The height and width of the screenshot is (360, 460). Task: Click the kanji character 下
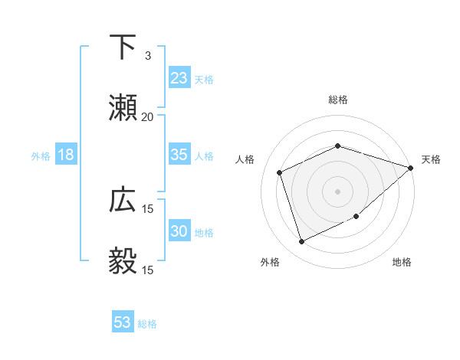[123, 47]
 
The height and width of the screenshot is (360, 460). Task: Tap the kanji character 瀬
[123, 108]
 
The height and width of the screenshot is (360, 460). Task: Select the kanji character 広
[123, 201]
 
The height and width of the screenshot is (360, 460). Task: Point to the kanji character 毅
[123, 261]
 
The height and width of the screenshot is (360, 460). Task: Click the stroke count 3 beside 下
[147, 56]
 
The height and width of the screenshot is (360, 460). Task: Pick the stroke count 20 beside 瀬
[147, 117]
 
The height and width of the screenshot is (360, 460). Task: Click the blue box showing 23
[179, 78]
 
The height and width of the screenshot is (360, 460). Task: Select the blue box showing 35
[179, 155]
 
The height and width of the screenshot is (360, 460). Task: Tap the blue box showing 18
[66, 155]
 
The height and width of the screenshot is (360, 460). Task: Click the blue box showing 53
[122, 322]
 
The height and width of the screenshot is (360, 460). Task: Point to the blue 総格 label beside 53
[147, 324]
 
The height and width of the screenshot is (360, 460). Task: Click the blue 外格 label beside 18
[41, 155]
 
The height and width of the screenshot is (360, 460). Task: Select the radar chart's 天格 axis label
[431, 159]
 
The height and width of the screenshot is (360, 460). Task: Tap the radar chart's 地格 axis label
[402, 262]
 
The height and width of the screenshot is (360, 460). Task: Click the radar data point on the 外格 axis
[301, 242]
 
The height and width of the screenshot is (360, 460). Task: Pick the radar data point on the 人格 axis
[280, 172]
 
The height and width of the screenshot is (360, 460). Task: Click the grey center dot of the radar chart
[337, 191]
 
